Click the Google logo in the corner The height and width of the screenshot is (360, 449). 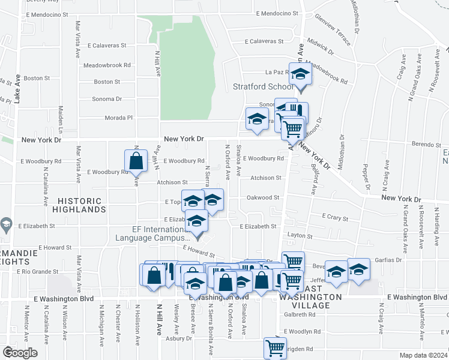[19, 353]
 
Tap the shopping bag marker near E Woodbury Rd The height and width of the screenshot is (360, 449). [136, 161]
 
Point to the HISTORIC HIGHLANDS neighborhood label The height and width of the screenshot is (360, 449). [79, 205]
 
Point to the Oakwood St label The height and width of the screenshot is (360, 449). [264, 197]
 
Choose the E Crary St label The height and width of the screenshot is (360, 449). [335, 217]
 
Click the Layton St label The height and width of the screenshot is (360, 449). [301, 236]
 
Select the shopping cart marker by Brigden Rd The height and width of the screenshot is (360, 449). [275, 347]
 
